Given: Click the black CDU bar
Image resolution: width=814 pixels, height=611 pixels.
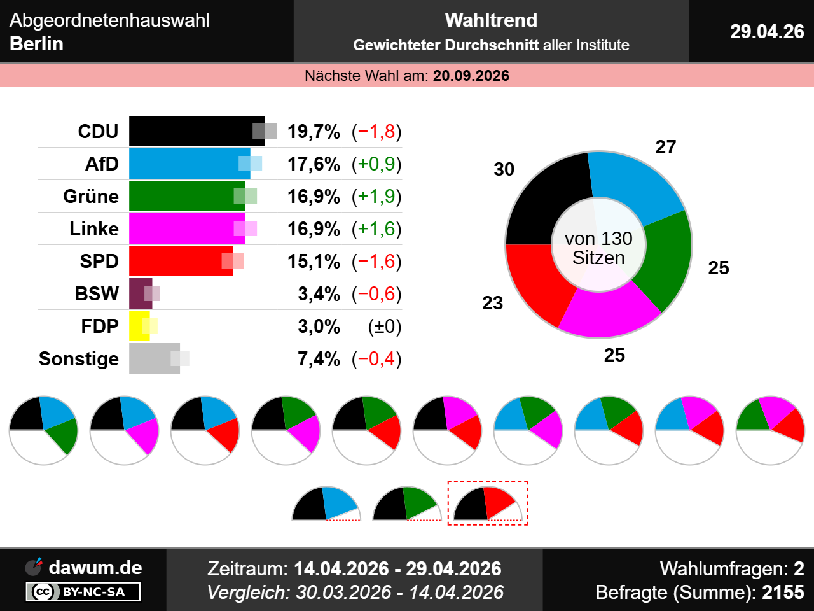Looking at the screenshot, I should point(191,131).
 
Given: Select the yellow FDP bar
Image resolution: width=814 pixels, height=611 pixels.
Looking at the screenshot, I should point(139,326).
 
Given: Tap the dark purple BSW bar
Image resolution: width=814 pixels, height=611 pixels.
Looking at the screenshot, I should point(140,293).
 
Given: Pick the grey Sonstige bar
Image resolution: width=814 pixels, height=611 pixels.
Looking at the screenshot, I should point(153,358).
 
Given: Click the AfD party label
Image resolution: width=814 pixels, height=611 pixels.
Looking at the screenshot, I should point(102,164).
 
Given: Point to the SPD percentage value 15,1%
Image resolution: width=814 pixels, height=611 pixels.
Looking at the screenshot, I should point(314,261).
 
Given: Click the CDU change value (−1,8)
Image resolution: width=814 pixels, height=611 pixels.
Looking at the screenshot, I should point(376,132).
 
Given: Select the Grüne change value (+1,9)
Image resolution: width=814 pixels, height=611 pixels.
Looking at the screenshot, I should point(376,197).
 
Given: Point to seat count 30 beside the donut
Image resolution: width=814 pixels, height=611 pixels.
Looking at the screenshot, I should point(504,169).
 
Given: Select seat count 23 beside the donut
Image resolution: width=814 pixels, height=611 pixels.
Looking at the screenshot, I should point(492,303).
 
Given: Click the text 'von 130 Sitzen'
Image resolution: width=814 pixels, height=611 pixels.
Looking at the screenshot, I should point(598,248).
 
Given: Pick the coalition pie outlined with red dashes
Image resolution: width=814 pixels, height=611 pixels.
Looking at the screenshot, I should point(487,503).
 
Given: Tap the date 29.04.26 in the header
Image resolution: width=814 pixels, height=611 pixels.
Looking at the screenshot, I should point(767,31).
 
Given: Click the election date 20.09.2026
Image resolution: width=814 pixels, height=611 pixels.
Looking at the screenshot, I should point(471,76).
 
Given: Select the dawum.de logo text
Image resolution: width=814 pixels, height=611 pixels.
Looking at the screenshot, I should point(95,567).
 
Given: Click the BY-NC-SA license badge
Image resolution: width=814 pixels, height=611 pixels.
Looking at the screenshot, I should point(83,592).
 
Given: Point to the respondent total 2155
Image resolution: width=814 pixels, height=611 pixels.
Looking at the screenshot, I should point(783,593).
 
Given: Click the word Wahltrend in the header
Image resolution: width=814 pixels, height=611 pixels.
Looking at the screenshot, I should point(491,20).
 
